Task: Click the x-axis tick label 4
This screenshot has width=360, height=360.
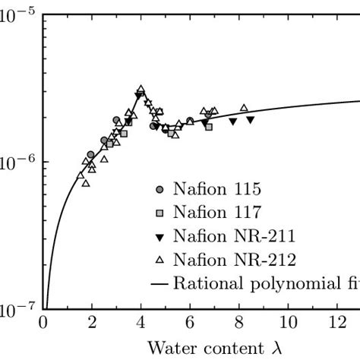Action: pos(141,324)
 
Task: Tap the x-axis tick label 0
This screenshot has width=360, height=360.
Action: pos(44,324)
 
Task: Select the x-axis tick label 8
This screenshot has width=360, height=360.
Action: pos(238,324)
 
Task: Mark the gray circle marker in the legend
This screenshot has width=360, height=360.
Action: pos(159,189)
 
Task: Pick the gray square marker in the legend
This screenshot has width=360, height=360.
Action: pos(159,213)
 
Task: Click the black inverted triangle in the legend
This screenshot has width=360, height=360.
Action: pos(159,236)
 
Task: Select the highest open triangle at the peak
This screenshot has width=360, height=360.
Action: pos(141,89)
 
